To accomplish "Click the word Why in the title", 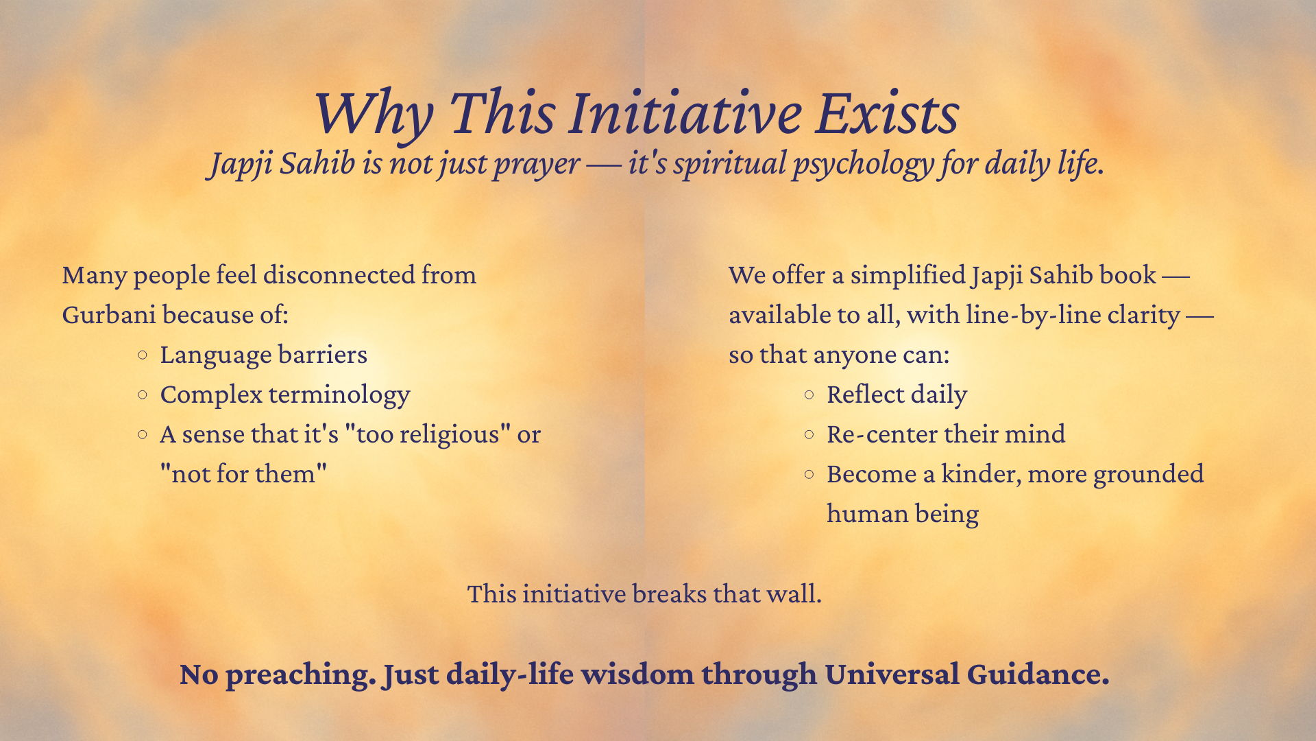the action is click(x=374, y=114).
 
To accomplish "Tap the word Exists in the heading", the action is click(x=887, y=113).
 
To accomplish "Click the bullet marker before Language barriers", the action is click(x=143, y=355).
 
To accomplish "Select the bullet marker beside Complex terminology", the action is click(x=143, y=395).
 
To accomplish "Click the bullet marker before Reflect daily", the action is click(x=809, y=395).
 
